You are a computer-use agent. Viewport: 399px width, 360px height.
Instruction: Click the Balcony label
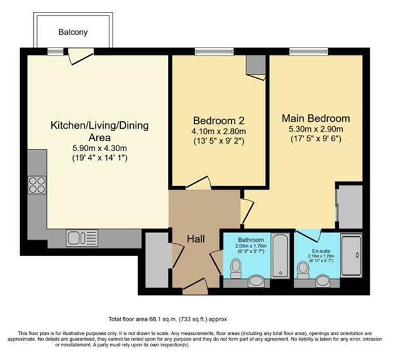pyautogui.click(x=74, y=31)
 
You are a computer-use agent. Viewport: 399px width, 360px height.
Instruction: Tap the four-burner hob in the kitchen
pyautogui.click(x=36, y=186)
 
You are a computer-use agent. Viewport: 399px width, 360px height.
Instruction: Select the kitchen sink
pyautogui.click(x=78, y=237)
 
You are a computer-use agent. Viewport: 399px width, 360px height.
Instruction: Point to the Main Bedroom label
pyautogui.click(x=316, y=117)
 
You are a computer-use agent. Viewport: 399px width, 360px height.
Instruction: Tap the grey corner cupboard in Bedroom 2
pyautogui.click(x=255, y=64)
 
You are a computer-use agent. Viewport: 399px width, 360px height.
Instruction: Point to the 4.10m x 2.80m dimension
pyautogui.click(x=218, y=131)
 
